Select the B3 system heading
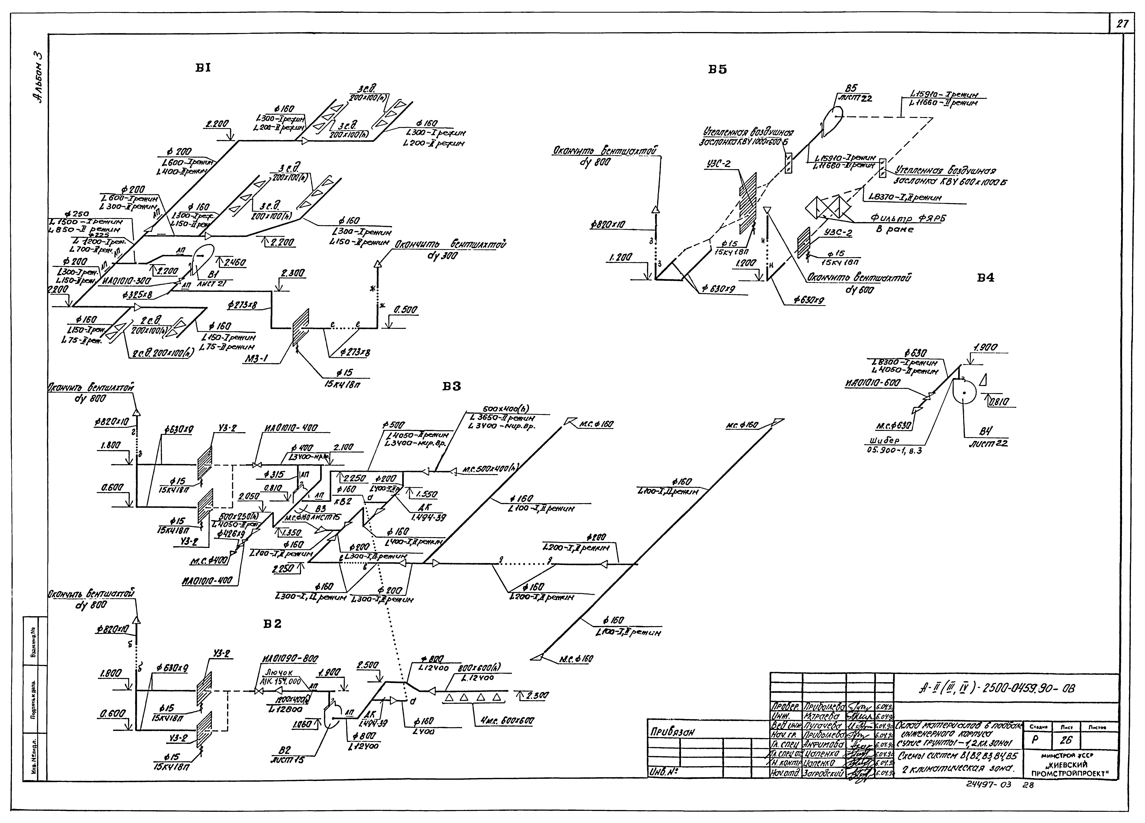pyautogui.click(x=452, y=387)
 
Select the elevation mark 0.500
pyautogui.click(x=405, y=310)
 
